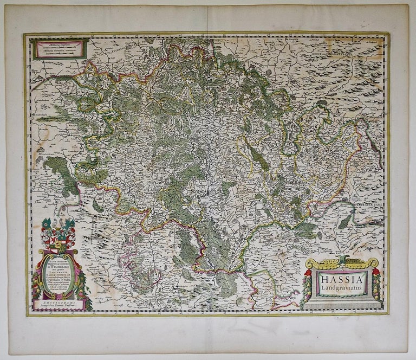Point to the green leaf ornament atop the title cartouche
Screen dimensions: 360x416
coord(342,260)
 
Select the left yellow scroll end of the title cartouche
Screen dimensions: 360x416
coord(310,264)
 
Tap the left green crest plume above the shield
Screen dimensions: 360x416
coord(45,223)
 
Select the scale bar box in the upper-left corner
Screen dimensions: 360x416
coord(60,49)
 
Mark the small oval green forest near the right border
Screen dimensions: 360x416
coord(344,221)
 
